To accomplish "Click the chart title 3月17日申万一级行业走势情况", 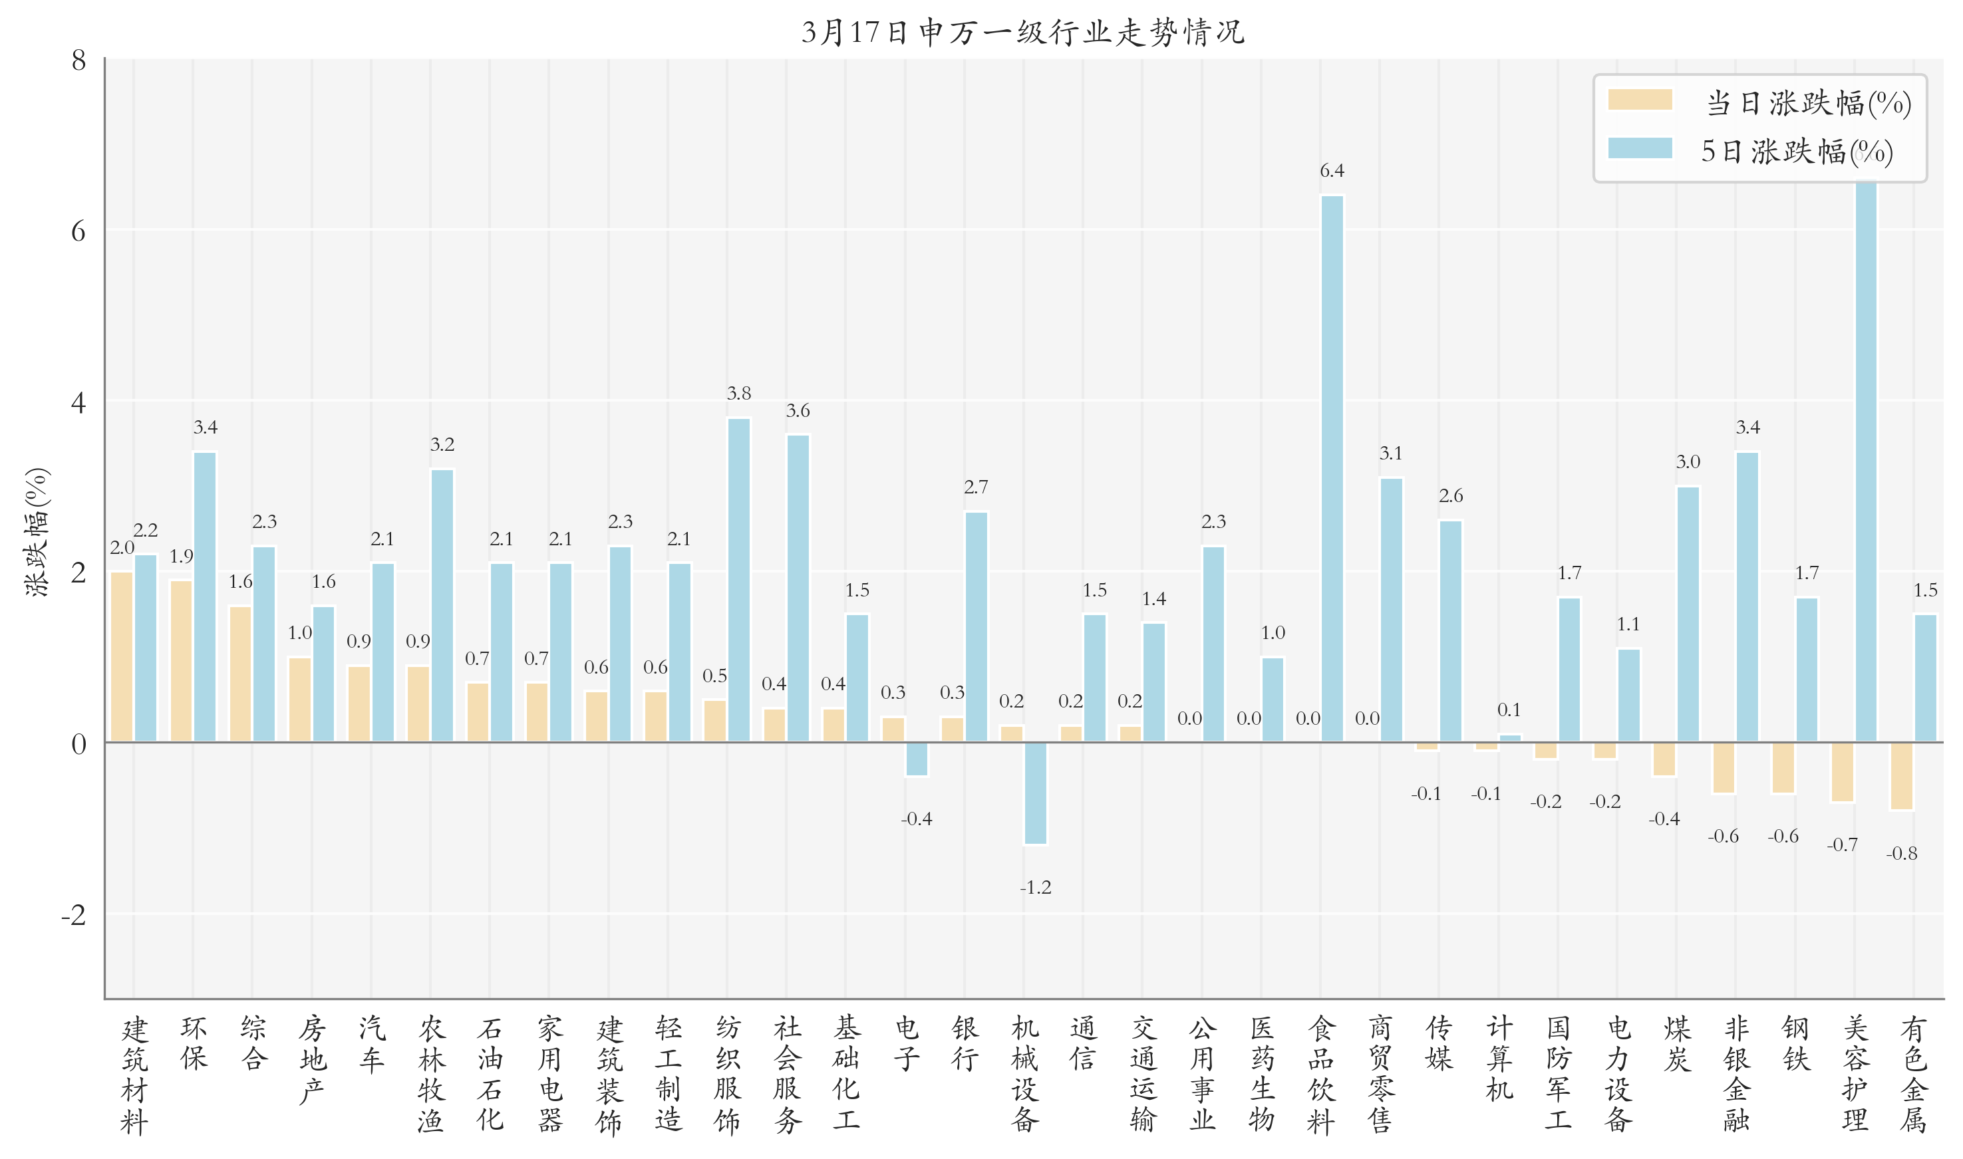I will [1022, 33].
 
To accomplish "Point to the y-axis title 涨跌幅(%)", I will [37, 532].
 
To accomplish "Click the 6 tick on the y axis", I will [78, 231].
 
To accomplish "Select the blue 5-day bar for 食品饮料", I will [1332, 469].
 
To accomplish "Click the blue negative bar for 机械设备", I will [1035, 793].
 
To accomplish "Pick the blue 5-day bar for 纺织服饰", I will [738, 580].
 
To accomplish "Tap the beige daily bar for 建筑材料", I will [121, 657].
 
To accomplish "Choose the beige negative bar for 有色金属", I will [1901, 775].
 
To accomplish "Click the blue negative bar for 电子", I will [916, 759].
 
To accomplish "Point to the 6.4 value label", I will [1332, 171].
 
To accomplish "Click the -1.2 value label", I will [1035, 887].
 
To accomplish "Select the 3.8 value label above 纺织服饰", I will [738, 394].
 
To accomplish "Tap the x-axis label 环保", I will [194, 1043].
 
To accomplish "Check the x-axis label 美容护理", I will [1855, 1074].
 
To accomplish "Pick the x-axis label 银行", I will [965, 1043].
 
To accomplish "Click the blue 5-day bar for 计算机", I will [1510, 738].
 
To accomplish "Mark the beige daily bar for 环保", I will [181, 661].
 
